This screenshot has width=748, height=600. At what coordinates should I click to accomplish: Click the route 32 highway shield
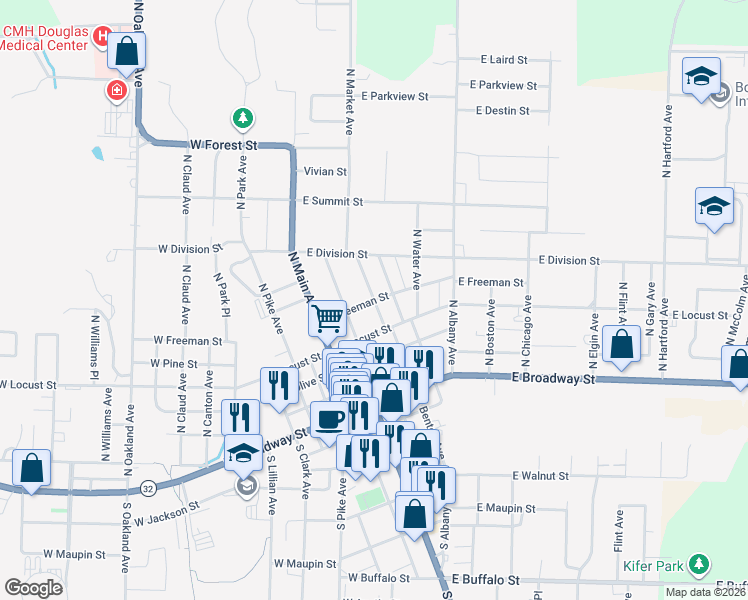(x=148, y=489)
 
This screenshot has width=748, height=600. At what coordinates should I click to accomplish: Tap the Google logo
(x=33, y=588)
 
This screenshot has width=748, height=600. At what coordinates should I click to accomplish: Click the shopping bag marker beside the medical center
(x=127, y=51)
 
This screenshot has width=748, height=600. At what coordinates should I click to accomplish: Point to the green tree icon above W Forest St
(x=242, y=119)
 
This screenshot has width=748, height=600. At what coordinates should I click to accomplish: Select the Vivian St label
(x=326, y=172)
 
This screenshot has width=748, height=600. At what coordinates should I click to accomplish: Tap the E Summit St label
(x=332, y=202)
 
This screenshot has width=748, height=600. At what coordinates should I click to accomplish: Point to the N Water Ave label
(x=416, y=259)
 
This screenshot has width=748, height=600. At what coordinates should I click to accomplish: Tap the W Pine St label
(x=173, y=364)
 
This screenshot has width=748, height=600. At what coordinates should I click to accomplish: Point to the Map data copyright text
(x=704, y=591)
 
